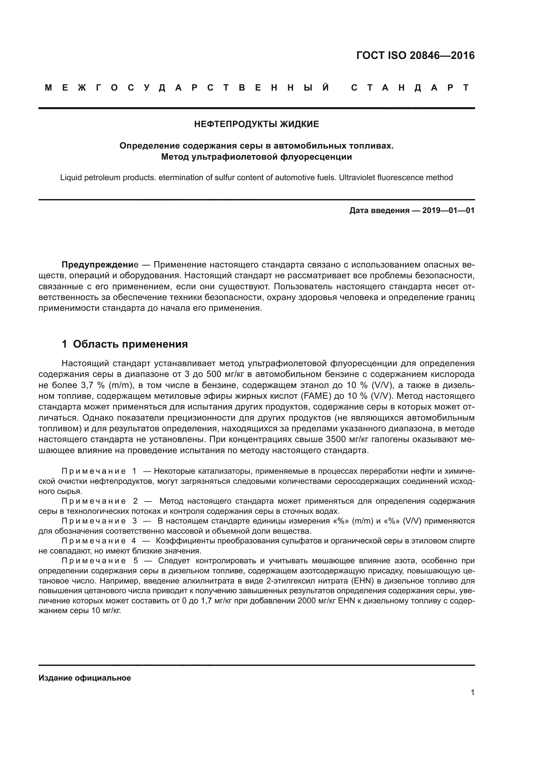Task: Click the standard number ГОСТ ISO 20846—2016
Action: click(415, 55)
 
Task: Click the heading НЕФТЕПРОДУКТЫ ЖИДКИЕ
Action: click(256, 124)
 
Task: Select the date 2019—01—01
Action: click(448, 210)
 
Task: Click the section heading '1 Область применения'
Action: click(125, 344)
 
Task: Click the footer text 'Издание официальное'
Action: click(85, 678)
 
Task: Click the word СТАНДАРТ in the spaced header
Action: click(410, 88)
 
